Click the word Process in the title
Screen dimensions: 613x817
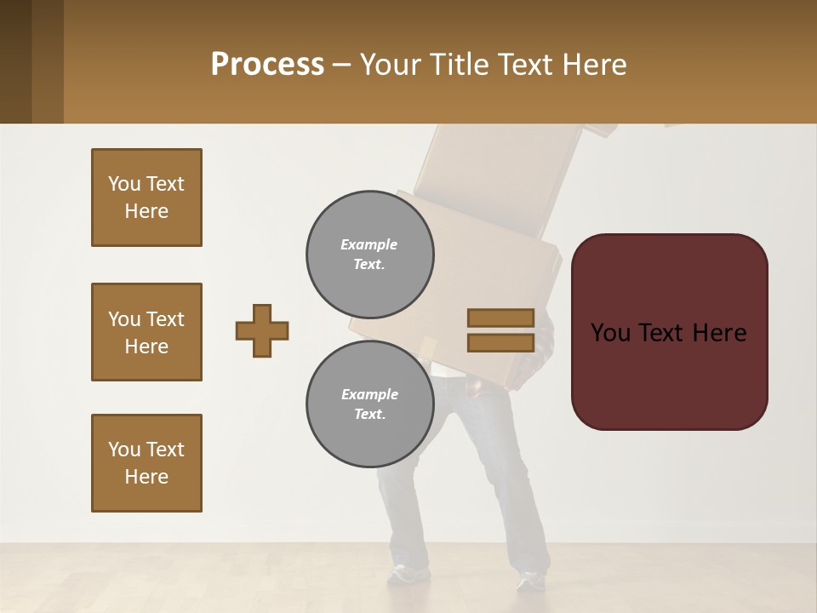[x=267, y=64]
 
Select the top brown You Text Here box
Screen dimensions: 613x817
[x=146, y=198]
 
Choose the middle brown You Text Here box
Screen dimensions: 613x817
[x=146, y=332]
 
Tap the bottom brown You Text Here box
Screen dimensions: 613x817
[x=146, y=463]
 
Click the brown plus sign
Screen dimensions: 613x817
[x=262, y=330]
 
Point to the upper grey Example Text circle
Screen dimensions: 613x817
[x=369, y=254]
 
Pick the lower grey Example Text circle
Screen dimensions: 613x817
[x=369, y=404]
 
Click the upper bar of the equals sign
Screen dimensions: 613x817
[x=500, y=318]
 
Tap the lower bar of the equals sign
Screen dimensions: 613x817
[x=500, y=342]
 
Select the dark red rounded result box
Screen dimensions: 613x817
[x=669, y=331]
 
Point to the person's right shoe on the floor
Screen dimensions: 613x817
[x=532, y=581]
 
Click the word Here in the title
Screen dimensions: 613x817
[x=594, y=64]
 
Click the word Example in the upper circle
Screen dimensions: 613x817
[x=369, y=244]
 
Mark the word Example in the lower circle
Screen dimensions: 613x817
[x=369, y=394]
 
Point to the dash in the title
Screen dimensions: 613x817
[x=342, y=65]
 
